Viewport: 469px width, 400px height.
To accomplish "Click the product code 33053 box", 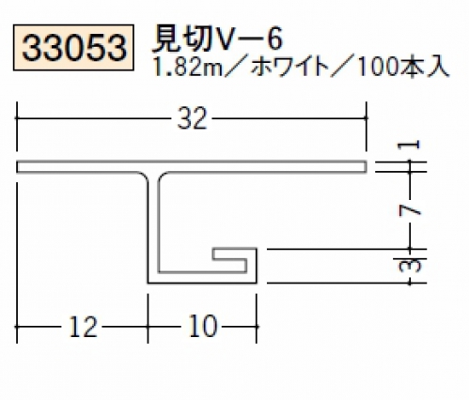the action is pos(73,47).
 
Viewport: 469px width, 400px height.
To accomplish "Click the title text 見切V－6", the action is pos(217,38).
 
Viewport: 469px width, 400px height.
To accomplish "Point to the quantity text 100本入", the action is pos(403,68).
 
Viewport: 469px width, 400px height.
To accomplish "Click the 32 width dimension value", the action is pos(192,118).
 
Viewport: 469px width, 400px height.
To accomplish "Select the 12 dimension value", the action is pos(83,327).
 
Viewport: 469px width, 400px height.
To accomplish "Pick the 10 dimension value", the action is pos(203,327).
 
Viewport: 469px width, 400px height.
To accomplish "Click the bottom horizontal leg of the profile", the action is pos(202,277).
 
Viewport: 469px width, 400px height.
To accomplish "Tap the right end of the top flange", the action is pos(366,166).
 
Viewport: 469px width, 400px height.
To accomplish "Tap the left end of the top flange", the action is pos(18,166).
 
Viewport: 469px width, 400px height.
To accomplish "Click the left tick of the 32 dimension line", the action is pos(17,118).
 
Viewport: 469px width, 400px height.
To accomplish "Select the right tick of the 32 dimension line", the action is pos(366,118).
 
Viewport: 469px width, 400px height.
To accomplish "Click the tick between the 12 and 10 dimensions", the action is pos(148,327).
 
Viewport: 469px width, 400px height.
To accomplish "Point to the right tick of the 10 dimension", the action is pos(257,327).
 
